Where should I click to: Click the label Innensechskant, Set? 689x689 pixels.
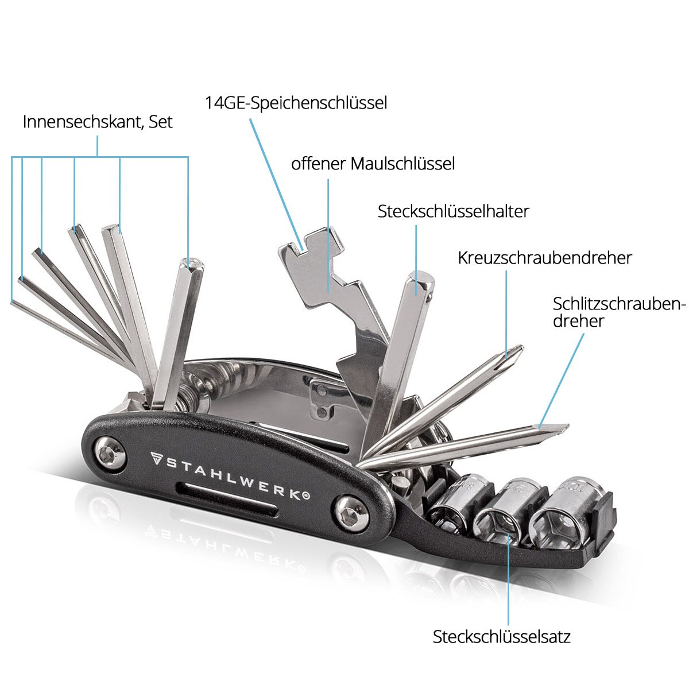(x=98, y=122)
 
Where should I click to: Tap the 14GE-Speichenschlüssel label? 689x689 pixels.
(x=296, y=103)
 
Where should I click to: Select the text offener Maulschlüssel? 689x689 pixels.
(x=373, y=164)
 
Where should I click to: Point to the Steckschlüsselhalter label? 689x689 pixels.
(x=453, y=211)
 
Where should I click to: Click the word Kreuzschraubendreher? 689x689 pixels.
(x=544, y=258)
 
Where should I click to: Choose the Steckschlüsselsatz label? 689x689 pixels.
(x=501, y=637)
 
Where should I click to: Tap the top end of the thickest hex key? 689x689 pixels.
(x=191, y=265)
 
